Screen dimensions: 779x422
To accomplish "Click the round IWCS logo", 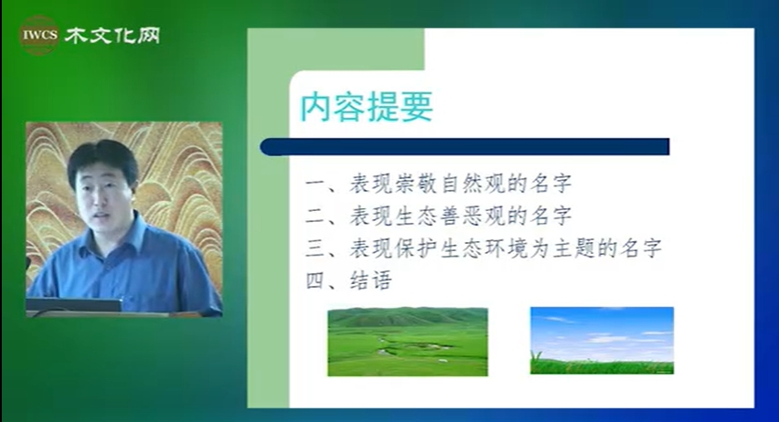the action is (x=39, y=35).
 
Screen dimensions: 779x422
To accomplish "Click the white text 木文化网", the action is (x=112, y=36).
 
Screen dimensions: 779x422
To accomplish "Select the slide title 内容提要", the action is (x=367, y=107).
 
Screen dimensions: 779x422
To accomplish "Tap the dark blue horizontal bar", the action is (x=464, y=147).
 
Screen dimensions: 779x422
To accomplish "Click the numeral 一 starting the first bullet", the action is (x=315, y=185).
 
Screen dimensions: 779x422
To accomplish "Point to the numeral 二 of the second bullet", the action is (x=315, y=216).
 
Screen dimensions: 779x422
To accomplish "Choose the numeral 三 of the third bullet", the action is (x=315, y=248).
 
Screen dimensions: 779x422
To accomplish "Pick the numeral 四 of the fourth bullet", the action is (x=315, y=281).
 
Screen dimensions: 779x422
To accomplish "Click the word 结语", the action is (x=370, y=280).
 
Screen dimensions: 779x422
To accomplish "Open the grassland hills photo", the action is (x=408, y=342).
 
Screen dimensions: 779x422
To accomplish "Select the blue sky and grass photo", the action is (x=603, y=341).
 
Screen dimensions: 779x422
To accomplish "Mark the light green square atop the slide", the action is (x=336, y=49).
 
